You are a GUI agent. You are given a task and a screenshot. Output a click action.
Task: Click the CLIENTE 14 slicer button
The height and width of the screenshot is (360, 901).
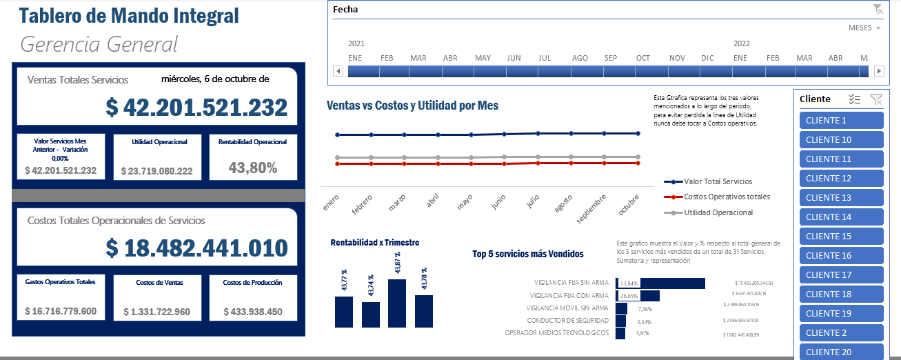pos(841,217)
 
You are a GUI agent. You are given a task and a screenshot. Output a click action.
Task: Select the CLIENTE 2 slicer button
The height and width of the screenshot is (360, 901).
pos(841,333)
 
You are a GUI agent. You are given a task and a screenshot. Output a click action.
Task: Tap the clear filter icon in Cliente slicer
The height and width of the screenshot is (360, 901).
pos(876,99)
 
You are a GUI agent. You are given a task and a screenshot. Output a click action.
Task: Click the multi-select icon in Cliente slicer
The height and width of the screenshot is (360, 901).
pos(855,99)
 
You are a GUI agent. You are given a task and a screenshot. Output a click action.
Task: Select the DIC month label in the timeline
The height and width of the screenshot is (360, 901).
pos(707,58)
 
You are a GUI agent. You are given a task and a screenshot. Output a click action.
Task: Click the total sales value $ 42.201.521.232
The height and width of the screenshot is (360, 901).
pos(196,108)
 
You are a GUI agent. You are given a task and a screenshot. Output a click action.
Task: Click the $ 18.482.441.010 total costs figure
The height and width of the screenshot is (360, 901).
pos(196,248)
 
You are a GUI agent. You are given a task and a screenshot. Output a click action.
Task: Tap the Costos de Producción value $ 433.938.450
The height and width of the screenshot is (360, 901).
pos(253,312)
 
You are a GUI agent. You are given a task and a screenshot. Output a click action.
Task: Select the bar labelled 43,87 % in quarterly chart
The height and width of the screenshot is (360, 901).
pos(397,303)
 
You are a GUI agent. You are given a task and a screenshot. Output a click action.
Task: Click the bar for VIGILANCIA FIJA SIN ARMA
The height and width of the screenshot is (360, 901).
pos(660,283)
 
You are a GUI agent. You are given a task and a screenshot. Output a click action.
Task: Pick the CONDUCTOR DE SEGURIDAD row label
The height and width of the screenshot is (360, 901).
pos(567,321)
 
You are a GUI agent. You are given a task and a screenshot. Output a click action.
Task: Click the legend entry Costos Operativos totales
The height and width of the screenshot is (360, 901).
pos(727,197)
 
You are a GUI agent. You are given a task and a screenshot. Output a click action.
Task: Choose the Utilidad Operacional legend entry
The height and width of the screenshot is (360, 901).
pos(718,212)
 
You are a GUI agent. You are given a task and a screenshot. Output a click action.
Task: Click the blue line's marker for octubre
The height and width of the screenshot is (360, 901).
pos(638,133)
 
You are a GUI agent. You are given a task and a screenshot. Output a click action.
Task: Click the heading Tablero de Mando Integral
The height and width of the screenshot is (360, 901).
pos(129,16)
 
